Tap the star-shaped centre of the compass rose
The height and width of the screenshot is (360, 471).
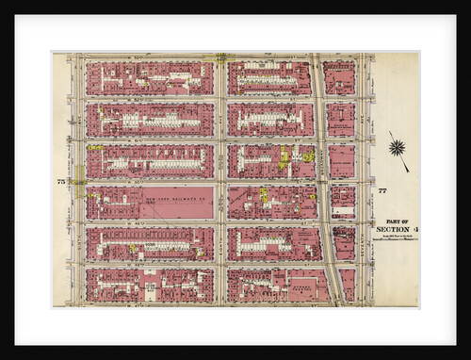(x=397, y=148)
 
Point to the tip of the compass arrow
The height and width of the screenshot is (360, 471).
(x=408, y=171)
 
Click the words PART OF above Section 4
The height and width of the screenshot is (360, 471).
(x=394, y=221)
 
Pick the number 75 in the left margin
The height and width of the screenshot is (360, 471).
(x=61, y=180)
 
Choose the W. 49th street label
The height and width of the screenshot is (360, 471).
(x=151, y=222)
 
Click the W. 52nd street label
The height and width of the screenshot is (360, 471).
(x=151, y=98)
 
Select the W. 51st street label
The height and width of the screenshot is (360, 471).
(x=151, y=139)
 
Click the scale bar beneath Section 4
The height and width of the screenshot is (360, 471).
(x=394, y=237)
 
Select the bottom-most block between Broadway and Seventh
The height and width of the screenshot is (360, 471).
(x=345, y=285)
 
